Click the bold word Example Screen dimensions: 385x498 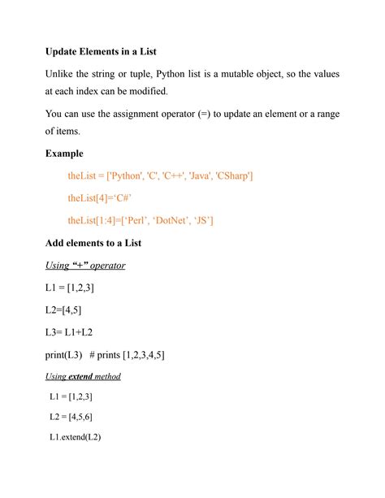coord(64,153)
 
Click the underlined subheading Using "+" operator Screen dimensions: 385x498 coord(85,265)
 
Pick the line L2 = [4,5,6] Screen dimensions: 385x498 coord(71,417)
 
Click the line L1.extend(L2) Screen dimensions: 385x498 coord(75,437)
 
